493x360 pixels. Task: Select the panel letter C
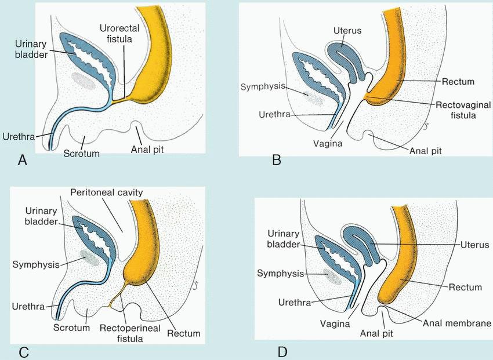coord(24,351)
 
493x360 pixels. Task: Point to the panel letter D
coord(282,351)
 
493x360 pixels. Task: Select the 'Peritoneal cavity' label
coord(106,192)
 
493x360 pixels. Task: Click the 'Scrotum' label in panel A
coord(82,154)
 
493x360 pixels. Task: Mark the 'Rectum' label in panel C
coord(184,333)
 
